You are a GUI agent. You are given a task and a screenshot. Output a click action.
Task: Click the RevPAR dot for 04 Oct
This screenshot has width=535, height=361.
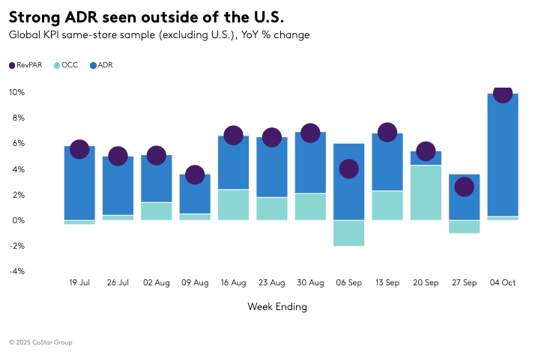click(503, 94)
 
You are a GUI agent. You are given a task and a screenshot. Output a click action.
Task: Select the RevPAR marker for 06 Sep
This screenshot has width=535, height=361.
click(348, 169)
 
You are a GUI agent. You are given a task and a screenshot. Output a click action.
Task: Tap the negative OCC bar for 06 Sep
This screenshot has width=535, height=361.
click(348, 233)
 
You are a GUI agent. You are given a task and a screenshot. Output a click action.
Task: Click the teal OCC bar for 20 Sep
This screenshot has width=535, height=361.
click(426, 193)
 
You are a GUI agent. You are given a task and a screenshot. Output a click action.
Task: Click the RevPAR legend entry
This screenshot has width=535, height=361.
click(26, 65)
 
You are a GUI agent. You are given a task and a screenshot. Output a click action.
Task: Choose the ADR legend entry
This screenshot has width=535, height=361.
click(101, 65)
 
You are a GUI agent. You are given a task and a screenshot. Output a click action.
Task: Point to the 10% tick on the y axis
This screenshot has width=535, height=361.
click(16, 92)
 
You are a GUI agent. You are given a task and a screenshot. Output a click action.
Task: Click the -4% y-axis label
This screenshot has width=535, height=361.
click(16, 271)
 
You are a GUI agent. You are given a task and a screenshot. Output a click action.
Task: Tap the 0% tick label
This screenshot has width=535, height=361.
click(18, 220)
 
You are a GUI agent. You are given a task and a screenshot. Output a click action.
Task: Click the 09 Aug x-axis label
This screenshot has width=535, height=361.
click(195, 282)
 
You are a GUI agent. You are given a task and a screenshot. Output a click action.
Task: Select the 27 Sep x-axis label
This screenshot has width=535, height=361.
click(464, 282)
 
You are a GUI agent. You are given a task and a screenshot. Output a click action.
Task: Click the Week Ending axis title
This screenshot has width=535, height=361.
click(276, 307)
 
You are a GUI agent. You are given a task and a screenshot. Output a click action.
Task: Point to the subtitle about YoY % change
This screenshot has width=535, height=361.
click(159, 34)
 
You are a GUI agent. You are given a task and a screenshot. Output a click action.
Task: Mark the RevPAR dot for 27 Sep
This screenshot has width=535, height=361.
click(465, 186)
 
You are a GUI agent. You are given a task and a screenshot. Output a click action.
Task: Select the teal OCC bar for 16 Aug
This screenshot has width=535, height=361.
click(233, 204)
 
